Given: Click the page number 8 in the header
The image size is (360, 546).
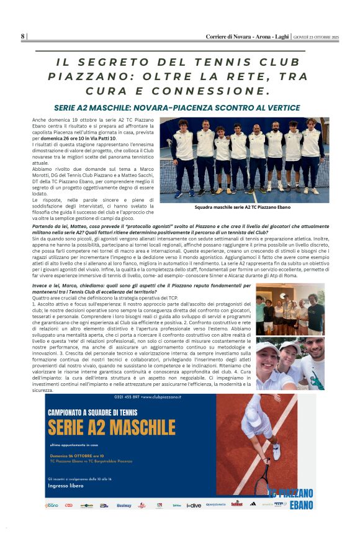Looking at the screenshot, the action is click(x=22, y=37).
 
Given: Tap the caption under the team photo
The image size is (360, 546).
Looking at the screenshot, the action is click(x=242, y=207).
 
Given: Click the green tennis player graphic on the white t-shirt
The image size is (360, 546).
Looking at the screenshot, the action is click(x=317, y=377).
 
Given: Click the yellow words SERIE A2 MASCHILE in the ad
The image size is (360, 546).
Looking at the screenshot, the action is click(x=111, y=428).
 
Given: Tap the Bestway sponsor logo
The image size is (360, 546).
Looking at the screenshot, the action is click(x=124, y=505).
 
